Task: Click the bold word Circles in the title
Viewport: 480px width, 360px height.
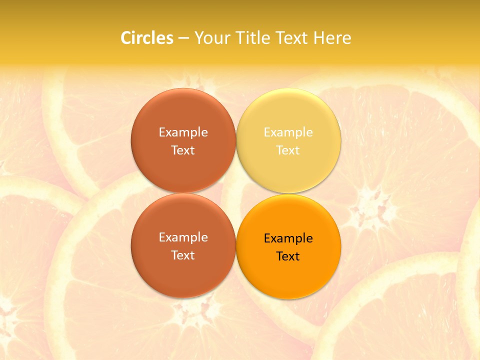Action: [146, 38]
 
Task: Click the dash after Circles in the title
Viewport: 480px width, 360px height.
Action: [183, 38]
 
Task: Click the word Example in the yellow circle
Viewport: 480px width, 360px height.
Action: [288, 132]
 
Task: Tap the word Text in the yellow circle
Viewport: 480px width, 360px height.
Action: [288, 150]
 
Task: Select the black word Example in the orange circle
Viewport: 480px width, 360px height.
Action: [288, 238]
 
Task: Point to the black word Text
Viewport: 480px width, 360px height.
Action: [288, 256]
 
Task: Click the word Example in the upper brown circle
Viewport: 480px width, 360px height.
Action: [183, 132]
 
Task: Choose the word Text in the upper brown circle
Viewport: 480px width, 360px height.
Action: [183, 150]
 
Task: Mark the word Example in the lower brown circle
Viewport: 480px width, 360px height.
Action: [183, 237]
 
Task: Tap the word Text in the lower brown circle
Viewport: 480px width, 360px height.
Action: [183, 255]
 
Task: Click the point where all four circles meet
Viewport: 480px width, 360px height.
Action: [236, 193]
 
